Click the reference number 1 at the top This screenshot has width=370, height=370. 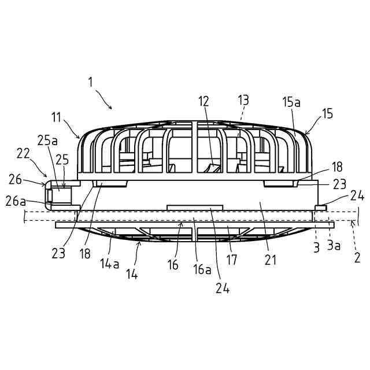90,82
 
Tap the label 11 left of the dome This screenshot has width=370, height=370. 56,117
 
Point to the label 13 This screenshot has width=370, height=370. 243,101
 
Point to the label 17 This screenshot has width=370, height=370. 232,260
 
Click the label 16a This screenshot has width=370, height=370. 202,269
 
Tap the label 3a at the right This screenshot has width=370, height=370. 334,246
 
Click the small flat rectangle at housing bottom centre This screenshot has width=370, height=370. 194,207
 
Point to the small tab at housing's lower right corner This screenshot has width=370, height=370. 320,207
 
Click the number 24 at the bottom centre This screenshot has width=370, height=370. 223,288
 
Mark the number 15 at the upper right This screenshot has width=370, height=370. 327,114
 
